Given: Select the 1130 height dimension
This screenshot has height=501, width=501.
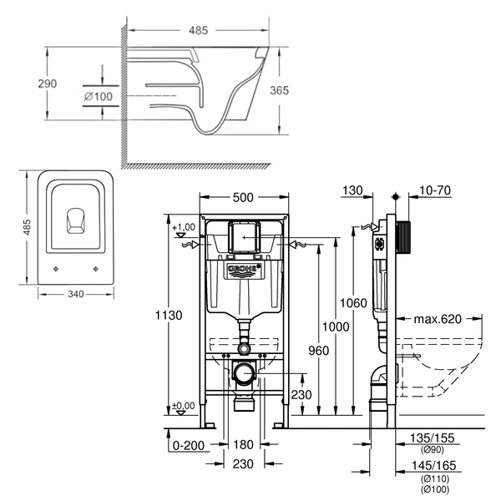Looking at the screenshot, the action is tap(169, 316).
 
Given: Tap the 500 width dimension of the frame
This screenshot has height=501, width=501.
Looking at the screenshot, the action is tap(243, 197).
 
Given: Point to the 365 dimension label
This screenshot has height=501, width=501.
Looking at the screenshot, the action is tap(279, 90).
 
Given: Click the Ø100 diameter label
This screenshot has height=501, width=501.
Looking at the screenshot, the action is tap(98, 96).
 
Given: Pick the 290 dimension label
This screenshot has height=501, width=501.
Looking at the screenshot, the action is tap(48, 83).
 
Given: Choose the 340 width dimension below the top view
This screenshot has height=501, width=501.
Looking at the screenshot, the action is tap(76, 294).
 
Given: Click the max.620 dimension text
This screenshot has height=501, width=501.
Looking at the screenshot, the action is tap(438, 319).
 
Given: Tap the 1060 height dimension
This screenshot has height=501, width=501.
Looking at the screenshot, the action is tap(353, 303).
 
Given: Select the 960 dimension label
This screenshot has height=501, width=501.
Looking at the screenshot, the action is tap(319, 351).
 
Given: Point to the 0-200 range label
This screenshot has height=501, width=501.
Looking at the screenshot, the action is tap(189, 445).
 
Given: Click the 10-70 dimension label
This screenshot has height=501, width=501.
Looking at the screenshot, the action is tap(435, 190).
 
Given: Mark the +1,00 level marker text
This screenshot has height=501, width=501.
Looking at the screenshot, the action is tap(184, 227).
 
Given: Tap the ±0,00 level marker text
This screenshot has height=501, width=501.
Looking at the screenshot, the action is tap(183, 406).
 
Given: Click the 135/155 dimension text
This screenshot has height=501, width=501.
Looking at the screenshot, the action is tap(432, 438).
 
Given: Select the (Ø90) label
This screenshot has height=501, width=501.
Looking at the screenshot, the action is tap(433, 450).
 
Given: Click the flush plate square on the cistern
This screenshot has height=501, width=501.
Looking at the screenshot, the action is tap(244, 237).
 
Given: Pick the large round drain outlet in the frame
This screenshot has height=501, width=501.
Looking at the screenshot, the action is tap(245, 373).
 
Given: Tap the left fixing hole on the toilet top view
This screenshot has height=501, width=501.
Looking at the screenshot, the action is tap(56, 269).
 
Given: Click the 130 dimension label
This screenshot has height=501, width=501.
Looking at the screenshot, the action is tap(352, 190).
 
